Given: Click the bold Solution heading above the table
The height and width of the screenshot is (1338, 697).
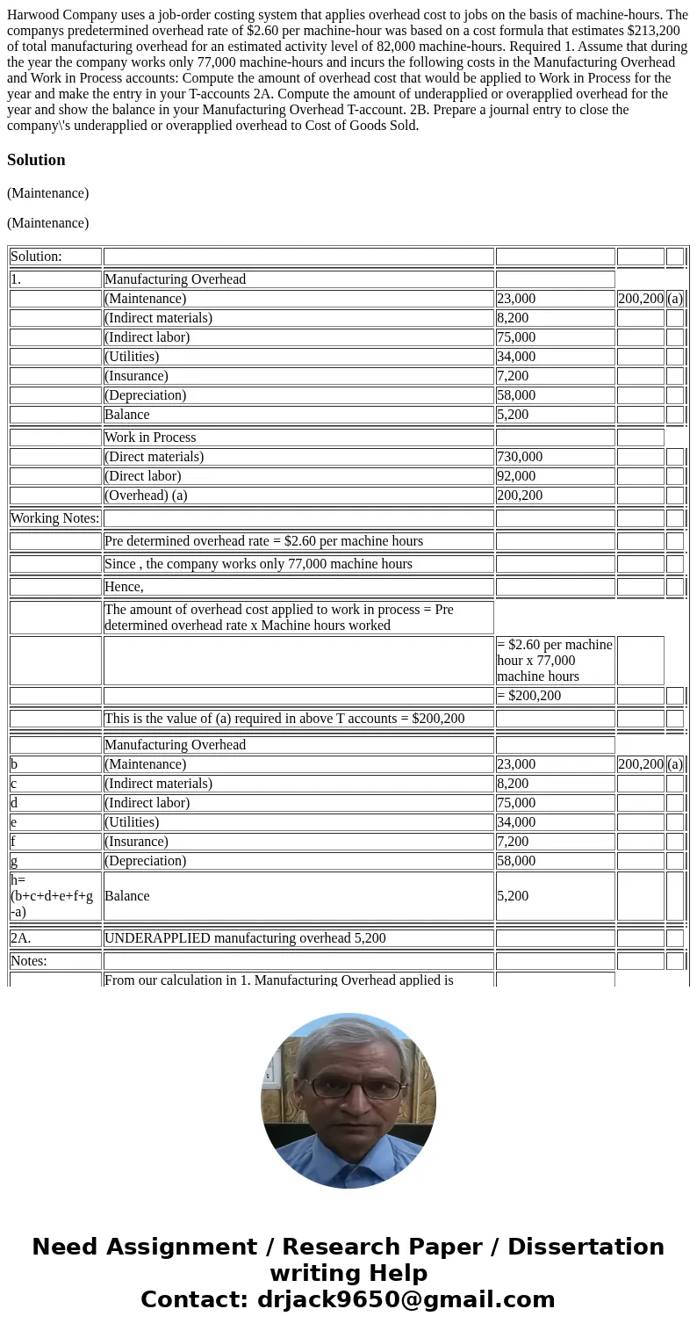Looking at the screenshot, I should click(x=36, y=160).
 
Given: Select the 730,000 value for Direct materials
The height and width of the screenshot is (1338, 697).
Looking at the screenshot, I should click(x=519, y=457).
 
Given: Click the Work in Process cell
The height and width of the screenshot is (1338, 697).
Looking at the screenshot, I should click(x=150, y=438).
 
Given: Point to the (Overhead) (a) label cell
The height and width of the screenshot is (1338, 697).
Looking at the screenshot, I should click(x=146, y=495).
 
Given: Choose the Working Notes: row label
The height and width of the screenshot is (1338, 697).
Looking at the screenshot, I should click(x=54, y=518).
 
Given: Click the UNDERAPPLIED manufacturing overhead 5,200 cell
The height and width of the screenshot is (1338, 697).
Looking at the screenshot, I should click(x=245, y=938).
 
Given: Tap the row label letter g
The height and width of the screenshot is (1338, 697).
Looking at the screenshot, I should click(x=14, y=861).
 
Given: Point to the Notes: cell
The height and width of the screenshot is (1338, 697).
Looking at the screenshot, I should click(x=29, y=961).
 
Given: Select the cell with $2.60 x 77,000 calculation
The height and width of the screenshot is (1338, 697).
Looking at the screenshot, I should click(x=554, y=661).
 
